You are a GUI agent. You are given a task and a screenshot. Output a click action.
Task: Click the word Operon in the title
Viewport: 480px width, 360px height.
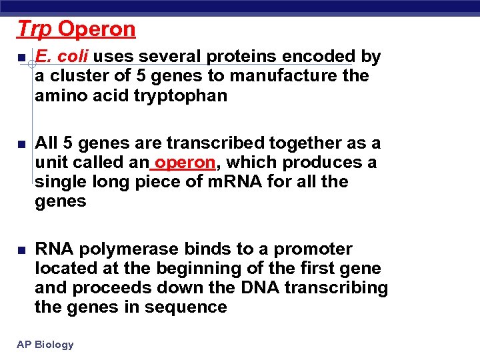pyautogui.click(x=97, y=29)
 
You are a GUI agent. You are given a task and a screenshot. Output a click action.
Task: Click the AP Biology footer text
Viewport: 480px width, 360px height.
pyautogui.click(x=45, y=345)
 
